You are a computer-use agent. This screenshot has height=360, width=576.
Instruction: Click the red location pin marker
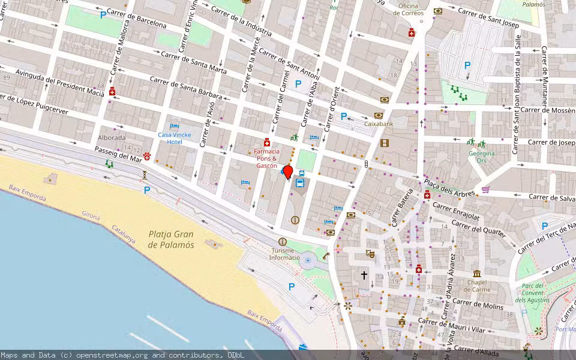pos(287,172)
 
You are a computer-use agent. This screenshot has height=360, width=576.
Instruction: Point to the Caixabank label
pos(378,124)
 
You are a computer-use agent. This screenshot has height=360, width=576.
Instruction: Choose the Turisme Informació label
pos(284,254)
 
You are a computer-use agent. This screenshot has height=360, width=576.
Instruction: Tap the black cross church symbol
pos(364,275)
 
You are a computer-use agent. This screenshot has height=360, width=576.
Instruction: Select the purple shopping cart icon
pos(485,190)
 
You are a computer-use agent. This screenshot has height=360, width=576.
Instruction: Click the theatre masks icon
pos(371,254)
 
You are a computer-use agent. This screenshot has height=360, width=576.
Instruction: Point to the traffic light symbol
pos(366,163)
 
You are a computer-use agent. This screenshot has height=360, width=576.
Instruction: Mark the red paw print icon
pos(147,157)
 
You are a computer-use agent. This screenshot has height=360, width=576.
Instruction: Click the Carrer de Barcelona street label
pos(142,21)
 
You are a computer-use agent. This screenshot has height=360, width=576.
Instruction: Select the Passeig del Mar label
pos(118,153)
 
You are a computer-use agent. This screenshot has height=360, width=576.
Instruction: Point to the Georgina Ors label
pos(481,157)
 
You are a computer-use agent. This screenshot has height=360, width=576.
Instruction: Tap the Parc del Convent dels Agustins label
pos(533,293)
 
